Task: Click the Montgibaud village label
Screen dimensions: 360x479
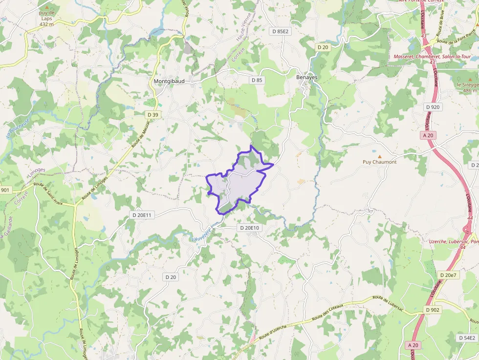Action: click(x=169, y=81)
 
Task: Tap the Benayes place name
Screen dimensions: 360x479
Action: click(x=307, y=77)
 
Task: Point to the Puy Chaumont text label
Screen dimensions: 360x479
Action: click(x=379, y=162)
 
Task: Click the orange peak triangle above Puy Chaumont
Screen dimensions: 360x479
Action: click(x=379, y=156)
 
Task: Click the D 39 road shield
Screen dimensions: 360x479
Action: click(x=153, y=115)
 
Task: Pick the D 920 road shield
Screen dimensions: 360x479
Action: click(x=433, y=107)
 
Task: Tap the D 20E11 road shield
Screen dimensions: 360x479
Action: click(x=143, y=215)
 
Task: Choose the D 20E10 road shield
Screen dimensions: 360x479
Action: click(x=249, y=228)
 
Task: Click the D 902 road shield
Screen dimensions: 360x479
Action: click(x=433, y=310)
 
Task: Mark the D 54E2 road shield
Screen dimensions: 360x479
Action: click(x=467, y=338)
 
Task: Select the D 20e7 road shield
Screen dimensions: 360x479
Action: click(x=448, y=275)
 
